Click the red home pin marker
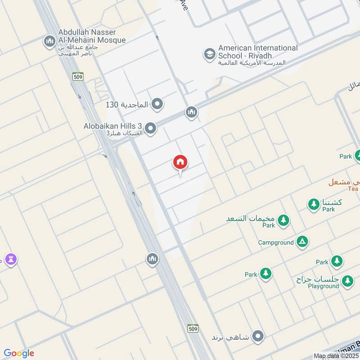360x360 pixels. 180,162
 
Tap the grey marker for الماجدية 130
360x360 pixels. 157,104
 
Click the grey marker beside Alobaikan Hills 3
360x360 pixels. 151,129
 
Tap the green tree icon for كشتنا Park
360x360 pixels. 314,204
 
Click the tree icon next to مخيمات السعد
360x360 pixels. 283,220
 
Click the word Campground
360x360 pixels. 276,243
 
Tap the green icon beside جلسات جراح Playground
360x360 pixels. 347,281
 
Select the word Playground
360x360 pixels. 324,286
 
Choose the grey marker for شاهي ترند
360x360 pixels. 258,336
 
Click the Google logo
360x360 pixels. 18,353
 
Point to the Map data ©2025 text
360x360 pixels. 337,356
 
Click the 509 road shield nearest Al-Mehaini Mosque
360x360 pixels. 77,76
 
